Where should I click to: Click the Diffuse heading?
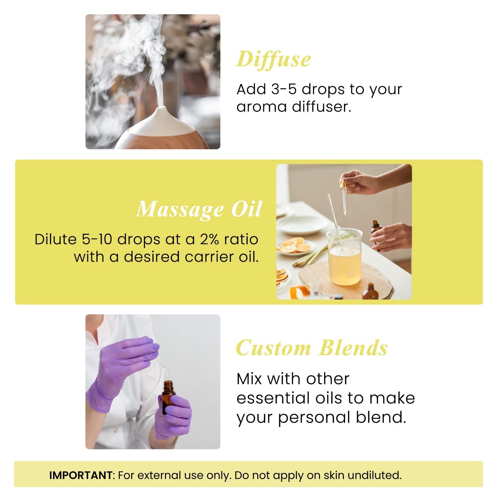[274, 60]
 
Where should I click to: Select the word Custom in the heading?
[273, 348]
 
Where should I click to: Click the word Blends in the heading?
[354, 348]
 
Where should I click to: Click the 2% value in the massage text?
[209, 239]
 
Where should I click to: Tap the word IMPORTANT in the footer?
[81, 475]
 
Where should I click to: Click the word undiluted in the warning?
[374, 475]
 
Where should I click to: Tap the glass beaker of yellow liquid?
[345, 257]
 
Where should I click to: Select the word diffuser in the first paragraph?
[321, 107]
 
